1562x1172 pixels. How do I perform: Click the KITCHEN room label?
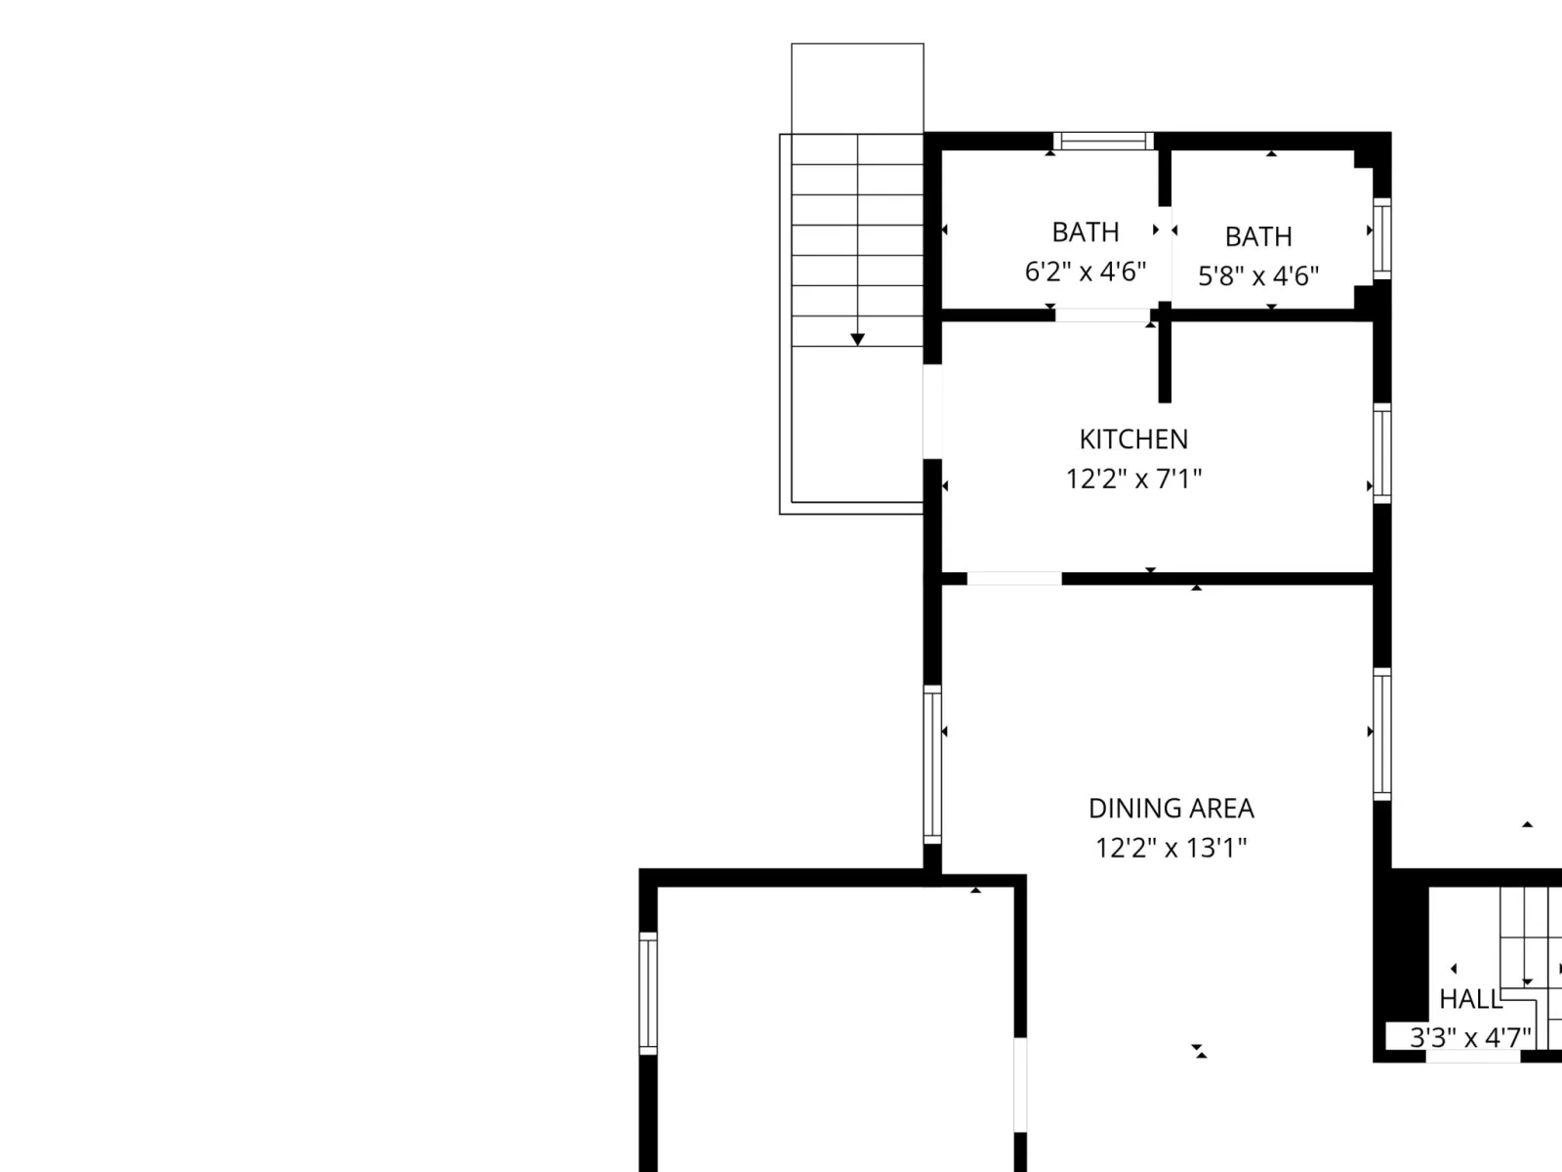(x=1133, y=439)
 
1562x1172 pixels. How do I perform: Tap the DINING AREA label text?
(x=1171, y=809)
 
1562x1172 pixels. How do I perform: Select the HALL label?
(x=1470, y=1000)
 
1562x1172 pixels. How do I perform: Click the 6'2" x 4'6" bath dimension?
(x=1086, y=272)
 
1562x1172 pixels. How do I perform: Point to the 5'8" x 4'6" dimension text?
(x=1258, y=275)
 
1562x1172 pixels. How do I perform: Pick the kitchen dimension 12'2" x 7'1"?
(x=1133, y=479)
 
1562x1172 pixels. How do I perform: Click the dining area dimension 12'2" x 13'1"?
(x=1171, y=848)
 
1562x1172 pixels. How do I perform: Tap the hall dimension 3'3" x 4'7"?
(x=1470, y=1037)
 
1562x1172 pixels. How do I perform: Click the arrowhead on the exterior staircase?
(x=857, y=340)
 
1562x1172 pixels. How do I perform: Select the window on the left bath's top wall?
(x=1103, y=141)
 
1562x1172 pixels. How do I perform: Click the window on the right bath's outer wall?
(x=1382, y=239)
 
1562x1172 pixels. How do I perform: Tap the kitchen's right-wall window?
(x=1382, y=453)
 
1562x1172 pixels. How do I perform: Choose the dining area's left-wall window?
(x=932, y=765)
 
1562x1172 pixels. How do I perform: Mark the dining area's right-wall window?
(x=1382, y=734)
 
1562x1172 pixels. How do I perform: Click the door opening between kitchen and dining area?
(x=1014, y=579)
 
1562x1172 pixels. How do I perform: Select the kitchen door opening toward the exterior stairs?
(x=932, y=411)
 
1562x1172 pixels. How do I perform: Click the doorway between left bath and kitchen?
(x=1102, y=315)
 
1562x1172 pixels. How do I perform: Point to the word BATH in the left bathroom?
(x=1086, y=232)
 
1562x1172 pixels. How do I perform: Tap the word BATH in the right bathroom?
(x=1258, y=236)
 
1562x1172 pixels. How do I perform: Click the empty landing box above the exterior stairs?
(x=857, y=88)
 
